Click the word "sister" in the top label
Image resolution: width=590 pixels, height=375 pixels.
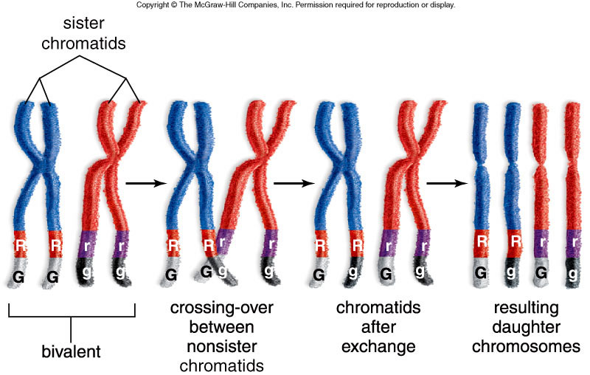(x=83, y=24)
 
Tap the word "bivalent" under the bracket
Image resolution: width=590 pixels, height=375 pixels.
(x=71, y=351)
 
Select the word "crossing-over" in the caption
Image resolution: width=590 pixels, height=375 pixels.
(x=222, y=308)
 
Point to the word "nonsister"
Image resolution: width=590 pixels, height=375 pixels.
(x=222, y=346)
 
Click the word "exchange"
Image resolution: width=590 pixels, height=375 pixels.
(x=378, y=347)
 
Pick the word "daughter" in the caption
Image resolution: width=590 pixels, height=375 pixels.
(x=526, y=327)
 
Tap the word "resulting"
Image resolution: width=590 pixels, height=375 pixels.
(x=526, y=308)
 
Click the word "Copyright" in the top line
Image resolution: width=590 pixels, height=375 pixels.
(x=153, y=5)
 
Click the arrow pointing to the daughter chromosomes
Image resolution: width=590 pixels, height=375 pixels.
(x=447, y=183)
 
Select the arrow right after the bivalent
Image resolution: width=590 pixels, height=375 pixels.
(x=146, y=183)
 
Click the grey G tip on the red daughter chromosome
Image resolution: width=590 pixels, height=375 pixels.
(x=541, y=272)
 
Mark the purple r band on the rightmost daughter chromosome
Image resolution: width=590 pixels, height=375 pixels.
(x=573, y=243)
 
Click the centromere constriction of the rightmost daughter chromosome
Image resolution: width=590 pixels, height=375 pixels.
(x=572, y=165)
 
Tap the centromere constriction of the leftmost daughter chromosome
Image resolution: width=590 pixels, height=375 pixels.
(x=481, y=165)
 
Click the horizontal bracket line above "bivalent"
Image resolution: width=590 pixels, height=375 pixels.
(x=72, y=317)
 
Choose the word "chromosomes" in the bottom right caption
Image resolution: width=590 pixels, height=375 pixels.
(x=526, y=347)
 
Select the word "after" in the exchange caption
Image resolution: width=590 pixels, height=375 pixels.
(x=378, y=327)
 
